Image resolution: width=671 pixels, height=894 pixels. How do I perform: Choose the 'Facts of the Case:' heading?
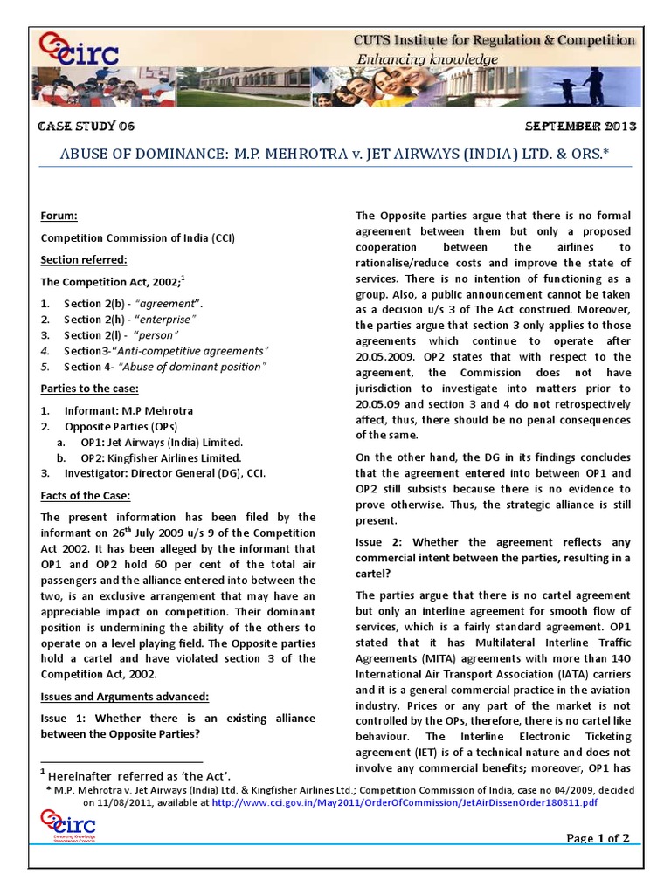[x=86, y=496]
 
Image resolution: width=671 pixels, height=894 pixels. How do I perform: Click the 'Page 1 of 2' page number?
[x=598, y=838]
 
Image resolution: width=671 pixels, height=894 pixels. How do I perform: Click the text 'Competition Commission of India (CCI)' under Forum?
[x=138, y=237]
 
